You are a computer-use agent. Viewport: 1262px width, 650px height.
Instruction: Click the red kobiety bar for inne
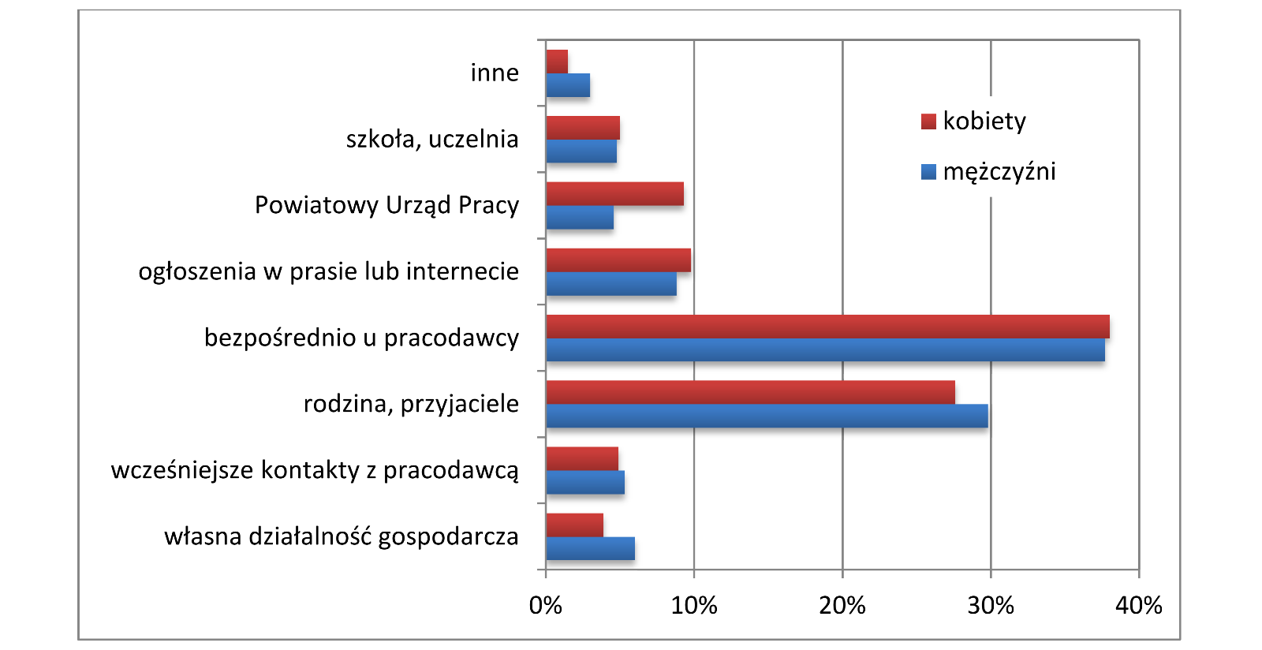tap(557, 62)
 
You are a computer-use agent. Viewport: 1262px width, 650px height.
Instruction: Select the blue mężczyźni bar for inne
tap(568, 85)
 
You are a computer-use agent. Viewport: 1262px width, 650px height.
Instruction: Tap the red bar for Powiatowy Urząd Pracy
tap(614, 194)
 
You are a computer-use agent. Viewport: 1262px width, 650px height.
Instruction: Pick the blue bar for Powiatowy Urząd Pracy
tap(580, 218)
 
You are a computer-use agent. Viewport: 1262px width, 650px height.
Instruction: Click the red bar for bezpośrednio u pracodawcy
tap(827, 327)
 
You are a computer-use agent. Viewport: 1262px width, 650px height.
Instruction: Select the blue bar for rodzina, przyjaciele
tap(767, 416)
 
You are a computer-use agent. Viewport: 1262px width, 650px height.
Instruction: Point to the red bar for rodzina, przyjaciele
tap(750, 392)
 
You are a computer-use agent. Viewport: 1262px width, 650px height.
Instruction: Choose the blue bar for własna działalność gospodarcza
tap(590, 548)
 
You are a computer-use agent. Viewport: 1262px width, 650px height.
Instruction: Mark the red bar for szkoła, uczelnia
tap(583, 128)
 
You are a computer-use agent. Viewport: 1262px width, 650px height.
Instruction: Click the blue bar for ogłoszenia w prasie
tap(611, 284)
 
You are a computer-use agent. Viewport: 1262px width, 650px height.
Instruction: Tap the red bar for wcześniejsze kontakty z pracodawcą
tap(582, 458)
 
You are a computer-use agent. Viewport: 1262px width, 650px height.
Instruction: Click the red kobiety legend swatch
tap(928, 121)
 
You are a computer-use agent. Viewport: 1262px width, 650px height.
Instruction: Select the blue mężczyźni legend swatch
tap(928, 172)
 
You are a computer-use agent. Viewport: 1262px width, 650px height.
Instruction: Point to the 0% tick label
tap(546, 606)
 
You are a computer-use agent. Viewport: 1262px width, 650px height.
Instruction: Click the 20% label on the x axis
tap(842, 606)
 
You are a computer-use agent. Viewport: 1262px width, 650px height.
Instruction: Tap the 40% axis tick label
tap(1139, 606)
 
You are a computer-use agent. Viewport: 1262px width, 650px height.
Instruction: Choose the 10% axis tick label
tap(694, 606)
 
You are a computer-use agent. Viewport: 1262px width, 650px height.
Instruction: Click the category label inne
tap(495, 73)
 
